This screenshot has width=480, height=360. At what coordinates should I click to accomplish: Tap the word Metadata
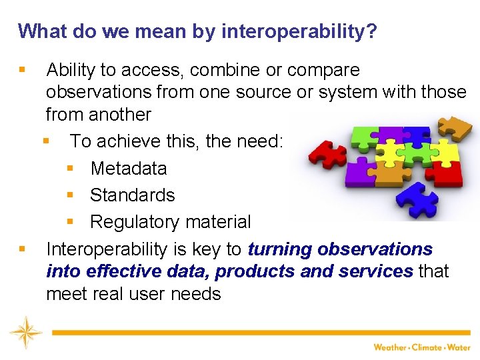click(128, 169)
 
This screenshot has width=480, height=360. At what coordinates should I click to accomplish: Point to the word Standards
click(132, 195)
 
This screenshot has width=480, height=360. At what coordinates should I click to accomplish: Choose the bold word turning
click(280, 249)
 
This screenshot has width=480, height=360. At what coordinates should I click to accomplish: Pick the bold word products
click(256, 271)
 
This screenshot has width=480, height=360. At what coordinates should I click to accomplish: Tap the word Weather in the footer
click(389, 347)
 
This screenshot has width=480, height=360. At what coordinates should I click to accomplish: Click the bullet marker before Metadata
click(70, 169)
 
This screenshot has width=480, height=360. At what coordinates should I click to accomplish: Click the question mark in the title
click(371, 31)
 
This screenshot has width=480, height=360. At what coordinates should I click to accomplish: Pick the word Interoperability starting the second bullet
click(110, 249)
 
